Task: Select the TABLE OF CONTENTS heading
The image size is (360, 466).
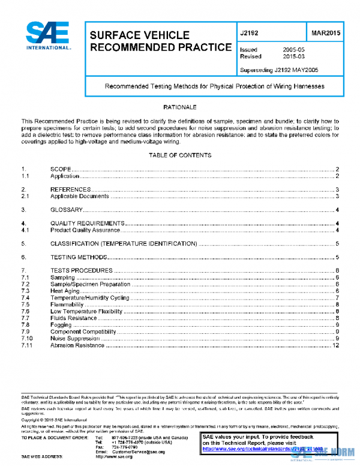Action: click(x=180, y=156)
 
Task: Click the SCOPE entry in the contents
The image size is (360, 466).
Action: click(x=62, y=170)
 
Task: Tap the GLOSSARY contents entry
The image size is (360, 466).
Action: click(x=67, y=210)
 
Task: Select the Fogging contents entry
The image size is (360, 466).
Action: click(x=61, y=325)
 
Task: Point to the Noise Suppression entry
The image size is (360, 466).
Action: click(x=75, y=339)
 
